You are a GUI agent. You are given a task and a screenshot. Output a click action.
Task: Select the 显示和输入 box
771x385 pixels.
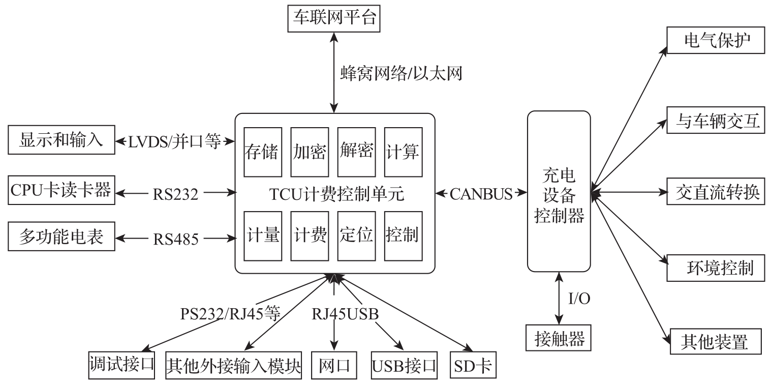tap(61, 141)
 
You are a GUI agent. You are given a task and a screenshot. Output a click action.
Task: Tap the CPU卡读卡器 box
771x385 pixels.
tap(60, 192)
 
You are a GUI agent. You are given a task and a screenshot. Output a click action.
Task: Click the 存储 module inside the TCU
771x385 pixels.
tap(262, 152)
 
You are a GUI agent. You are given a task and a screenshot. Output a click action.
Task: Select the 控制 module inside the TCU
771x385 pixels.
tap(402, 235)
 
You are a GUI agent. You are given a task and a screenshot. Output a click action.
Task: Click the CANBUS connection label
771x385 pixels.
tap(481, 194)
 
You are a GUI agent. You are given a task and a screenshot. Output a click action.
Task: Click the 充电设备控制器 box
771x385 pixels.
tap(559, 191)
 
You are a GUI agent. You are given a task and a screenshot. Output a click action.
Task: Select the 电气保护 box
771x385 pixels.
tap(716, 40)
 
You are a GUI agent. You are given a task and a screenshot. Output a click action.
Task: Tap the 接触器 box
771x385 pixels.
tap(559, 338)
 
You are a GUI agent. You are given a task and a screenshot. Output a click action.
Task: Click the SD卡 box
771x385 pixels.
tap(472, 365)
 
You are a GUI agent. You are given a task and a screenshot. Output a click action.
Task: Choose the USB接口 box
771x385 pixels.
tap(404, 365)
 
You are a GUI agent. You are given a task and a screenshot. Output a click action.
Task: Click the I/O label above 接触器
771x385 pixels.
tap(578, 299)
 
